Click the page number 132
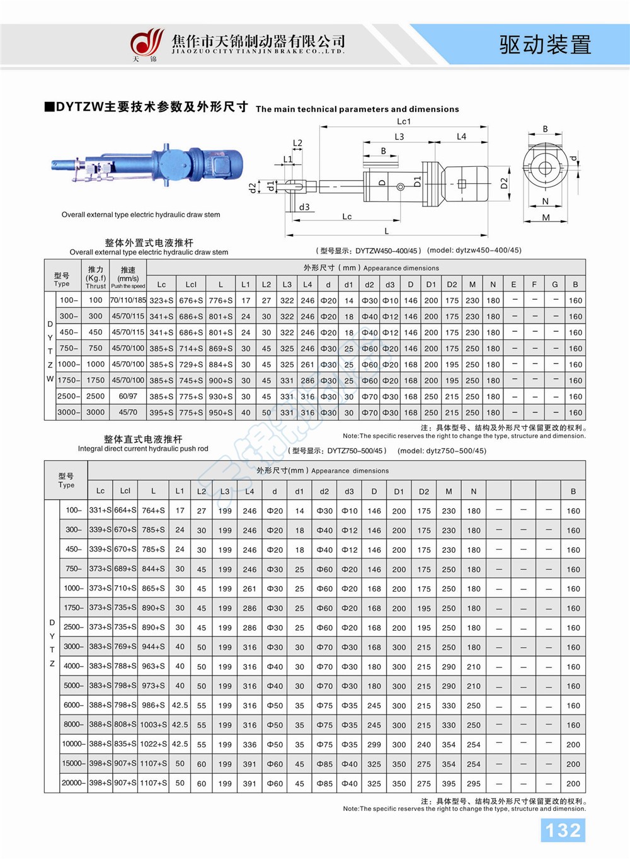(x=563, y=830)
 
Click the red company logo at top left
(x=146, y=43)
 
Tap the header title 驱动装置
(x=545, y=45)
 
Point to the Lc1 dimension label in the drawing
(x=404, y=122)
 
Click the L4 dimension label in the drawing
(x=461, y=137)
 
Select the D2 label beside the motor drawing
(x=504, y=183)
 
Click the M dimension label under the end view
(x=546, y=217)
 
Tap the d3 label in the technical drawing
(x=304, y=207)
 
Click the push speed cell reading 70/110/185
(x=128, y=300)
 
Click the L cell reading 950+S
(x=220, y=412)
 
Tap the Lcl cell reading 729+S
(x=191, y=365)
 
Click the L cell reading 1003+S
(x=153, y=725)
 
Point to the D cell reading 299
(x=374, y=744)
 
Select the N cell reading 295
(x=474, y=783)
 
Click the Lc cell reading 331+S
(x=100, y=510)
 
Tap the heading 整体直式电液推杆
(x=143, y=439)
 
